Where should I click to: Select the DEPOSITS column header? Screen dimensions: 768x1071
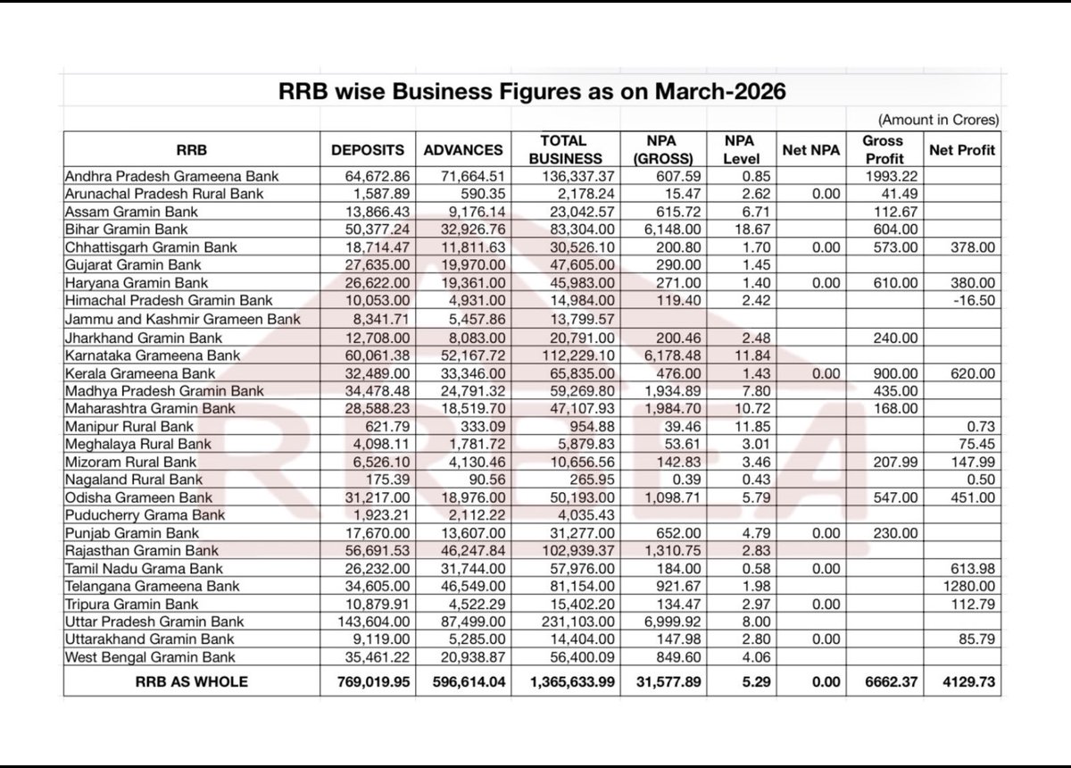click(368, 150)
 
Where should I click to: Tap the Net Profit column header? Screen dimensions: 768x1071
click(962, 150)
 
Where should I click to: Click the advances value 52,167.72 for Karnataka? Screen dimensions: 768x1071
click(466, 355)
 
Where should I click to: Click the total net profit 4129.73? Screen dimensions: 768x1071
click(967, 680)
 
